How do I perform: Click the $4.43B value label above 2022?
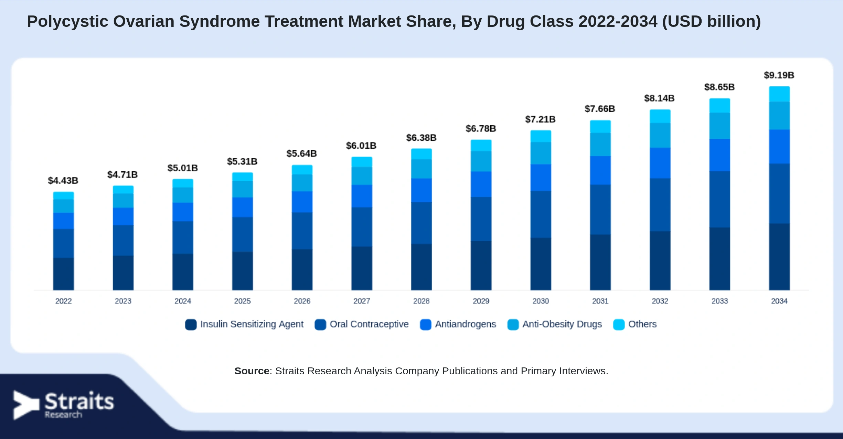[63, 181]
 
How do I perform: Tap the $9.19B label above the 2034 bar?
[779, 75]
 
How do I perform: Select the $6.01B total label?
[361, 146]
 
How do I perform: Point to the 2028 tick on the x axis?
[421, 301]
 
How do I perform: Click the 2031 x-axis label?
[600, 301]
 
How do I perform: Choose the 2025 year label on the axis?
[242, 301]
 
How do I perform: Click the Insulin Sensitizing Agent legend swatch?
[191, 324]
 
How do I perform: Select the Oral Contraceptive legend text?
[369, 324]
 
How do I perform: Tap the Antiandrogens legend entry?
[458, 324]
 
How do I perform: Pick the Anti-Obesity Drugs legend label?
[562, 324]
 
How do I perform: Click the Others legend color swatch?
[619, 324]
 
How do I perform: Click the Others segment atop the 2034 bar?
[779, 94]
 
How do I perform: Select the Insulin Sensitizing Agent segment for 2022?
[63, 274]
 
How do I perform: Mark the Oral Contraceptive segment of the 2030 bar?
[541, 214]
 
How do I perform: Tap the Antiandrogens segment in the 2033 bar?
[719, 155]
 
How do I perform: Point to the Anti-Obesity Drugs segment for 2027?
[362, 176]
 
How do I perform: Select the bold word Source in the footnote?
[252, 371]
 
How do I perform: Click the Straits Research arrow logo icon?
[26, 405]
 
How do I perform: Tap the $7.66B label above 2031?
[600, 109]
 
